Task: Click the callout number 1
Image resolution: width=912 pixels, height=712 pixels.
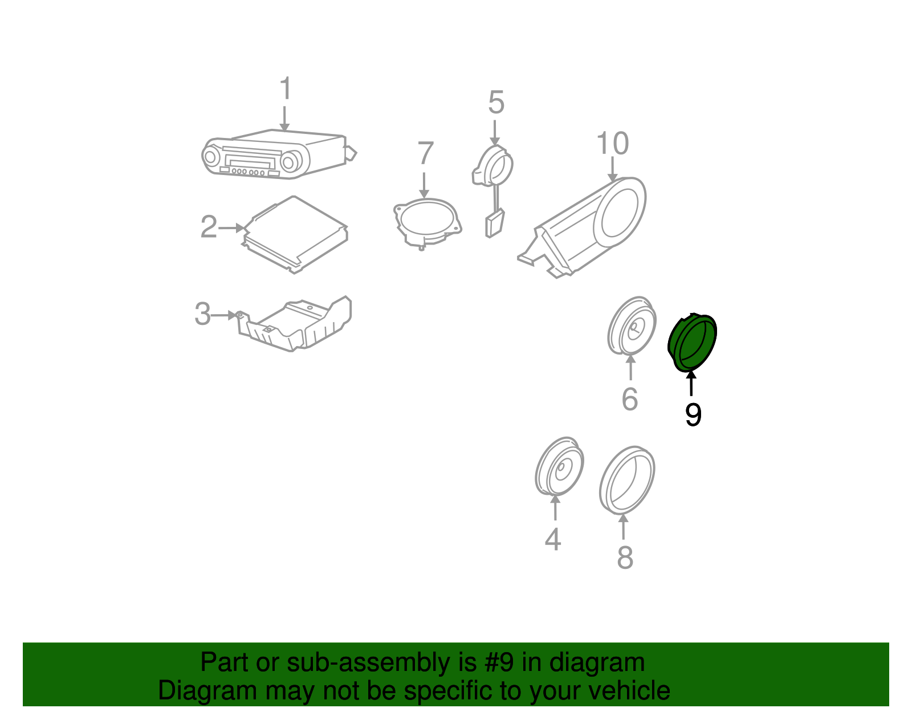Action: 286,88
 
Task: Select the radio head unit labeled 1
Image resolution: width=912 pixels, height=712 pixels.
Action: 279,154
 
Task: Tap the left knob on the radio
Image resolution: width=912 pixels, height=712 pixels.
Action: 210,157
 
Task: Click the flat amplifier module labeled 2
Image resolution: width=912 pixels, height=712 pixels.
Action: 295,234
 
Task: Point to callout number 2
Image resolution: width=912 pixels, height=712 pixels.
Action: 209,226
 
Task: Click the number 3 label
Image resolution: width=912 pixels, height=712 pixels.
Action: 202,314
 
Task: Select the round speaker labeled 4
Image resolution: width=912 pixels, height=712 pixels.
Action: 560,466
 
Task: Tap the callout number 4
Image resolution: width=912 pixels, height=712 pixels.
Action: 553,539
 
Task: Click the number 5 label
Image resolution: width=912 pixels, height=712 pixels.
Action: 496,103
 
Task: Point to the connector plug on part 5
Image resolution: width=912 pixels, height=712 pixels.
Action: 494,223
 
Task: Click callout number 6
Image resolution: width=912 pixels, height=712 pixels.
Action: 629,399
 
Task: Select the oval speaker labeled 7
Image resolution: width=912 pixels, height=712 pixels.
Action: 427,223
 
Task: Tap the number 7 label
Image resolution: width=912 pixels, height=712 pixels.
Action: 425,153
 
